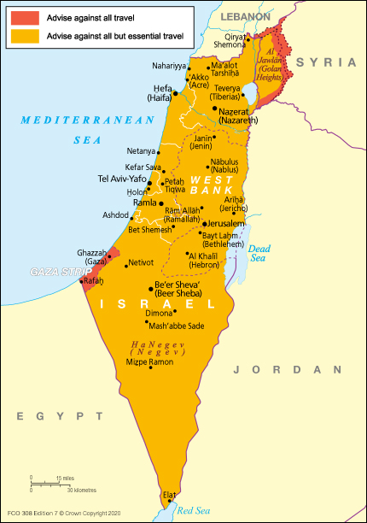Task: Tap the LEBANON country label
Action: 245,16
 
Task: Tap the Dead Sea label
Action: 259,252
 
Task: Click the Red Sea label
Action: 193,510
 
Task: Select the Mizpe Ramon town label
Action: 149,362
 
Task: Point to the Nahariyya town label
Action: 170,65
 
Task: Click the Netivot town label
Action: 141,262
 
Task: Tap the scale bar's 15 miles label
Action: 65,478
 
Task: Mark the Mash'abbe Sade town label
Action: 177,326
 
